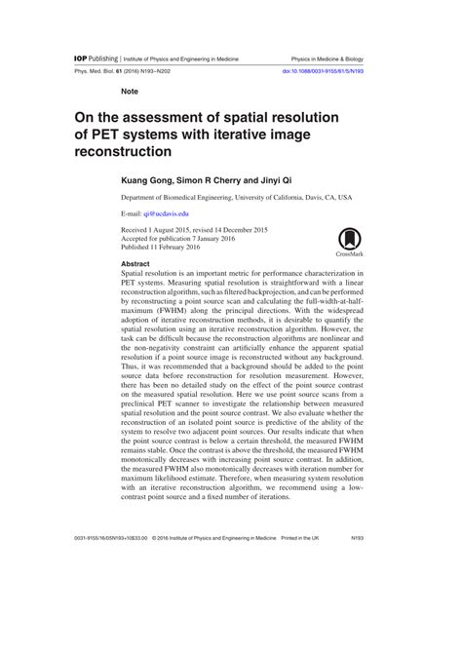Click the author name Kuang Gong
tap(145, 181)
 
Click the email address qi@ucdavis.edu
tap(167, 212)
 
